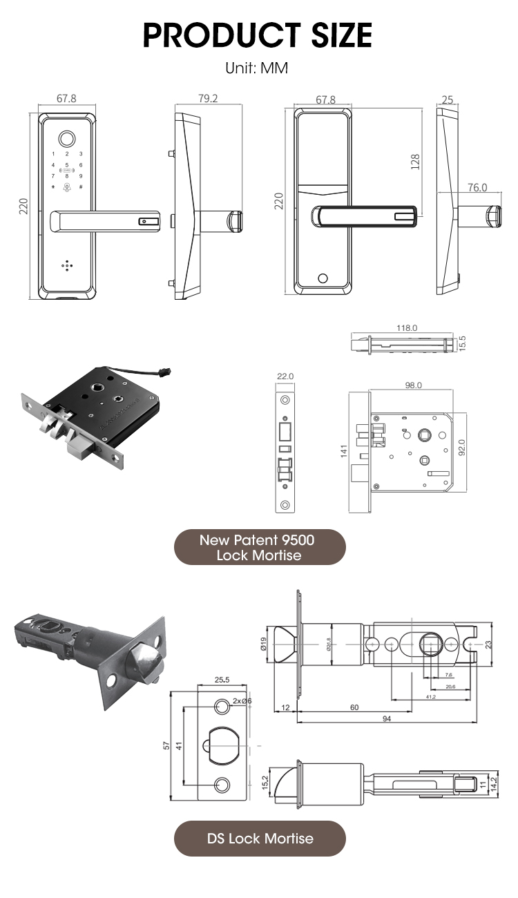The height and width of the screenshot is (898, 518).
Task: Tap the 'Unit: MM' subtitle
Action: point(256,68)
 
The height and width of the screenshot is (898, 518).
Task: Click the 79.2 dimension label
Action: point(208,99)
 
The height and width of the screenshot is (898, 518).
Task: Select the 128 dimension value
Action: point(415,162)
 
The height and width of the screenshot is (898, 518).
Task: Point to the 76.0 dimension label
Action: point(477,187)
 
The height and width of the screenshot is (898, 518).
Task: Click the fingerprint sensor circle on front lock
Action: point(67,136)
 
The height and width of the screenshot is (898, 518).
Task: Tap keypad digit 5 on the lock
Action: point(67,165)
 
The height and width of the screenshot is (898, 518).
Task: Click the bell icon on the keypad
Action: point(67,187)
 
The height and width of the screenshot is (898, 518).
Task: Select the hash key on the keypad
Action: point(80,187)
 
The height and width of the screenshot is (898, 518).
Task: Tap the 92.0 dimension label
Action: point(462,447)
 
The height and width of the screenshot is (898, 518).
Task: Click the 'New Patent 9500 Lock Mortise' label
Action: point(259,547)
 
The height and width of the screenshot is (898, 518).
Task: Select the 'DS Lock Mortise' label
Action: point(260,839)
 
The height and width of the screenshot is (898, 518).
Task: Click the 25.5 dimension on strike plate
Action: point(222,680)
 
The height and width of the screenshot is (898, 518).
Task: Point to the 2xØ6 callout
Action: point(242,700)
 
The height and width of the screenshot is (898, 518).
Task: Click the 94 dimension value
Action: point(386,719)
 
